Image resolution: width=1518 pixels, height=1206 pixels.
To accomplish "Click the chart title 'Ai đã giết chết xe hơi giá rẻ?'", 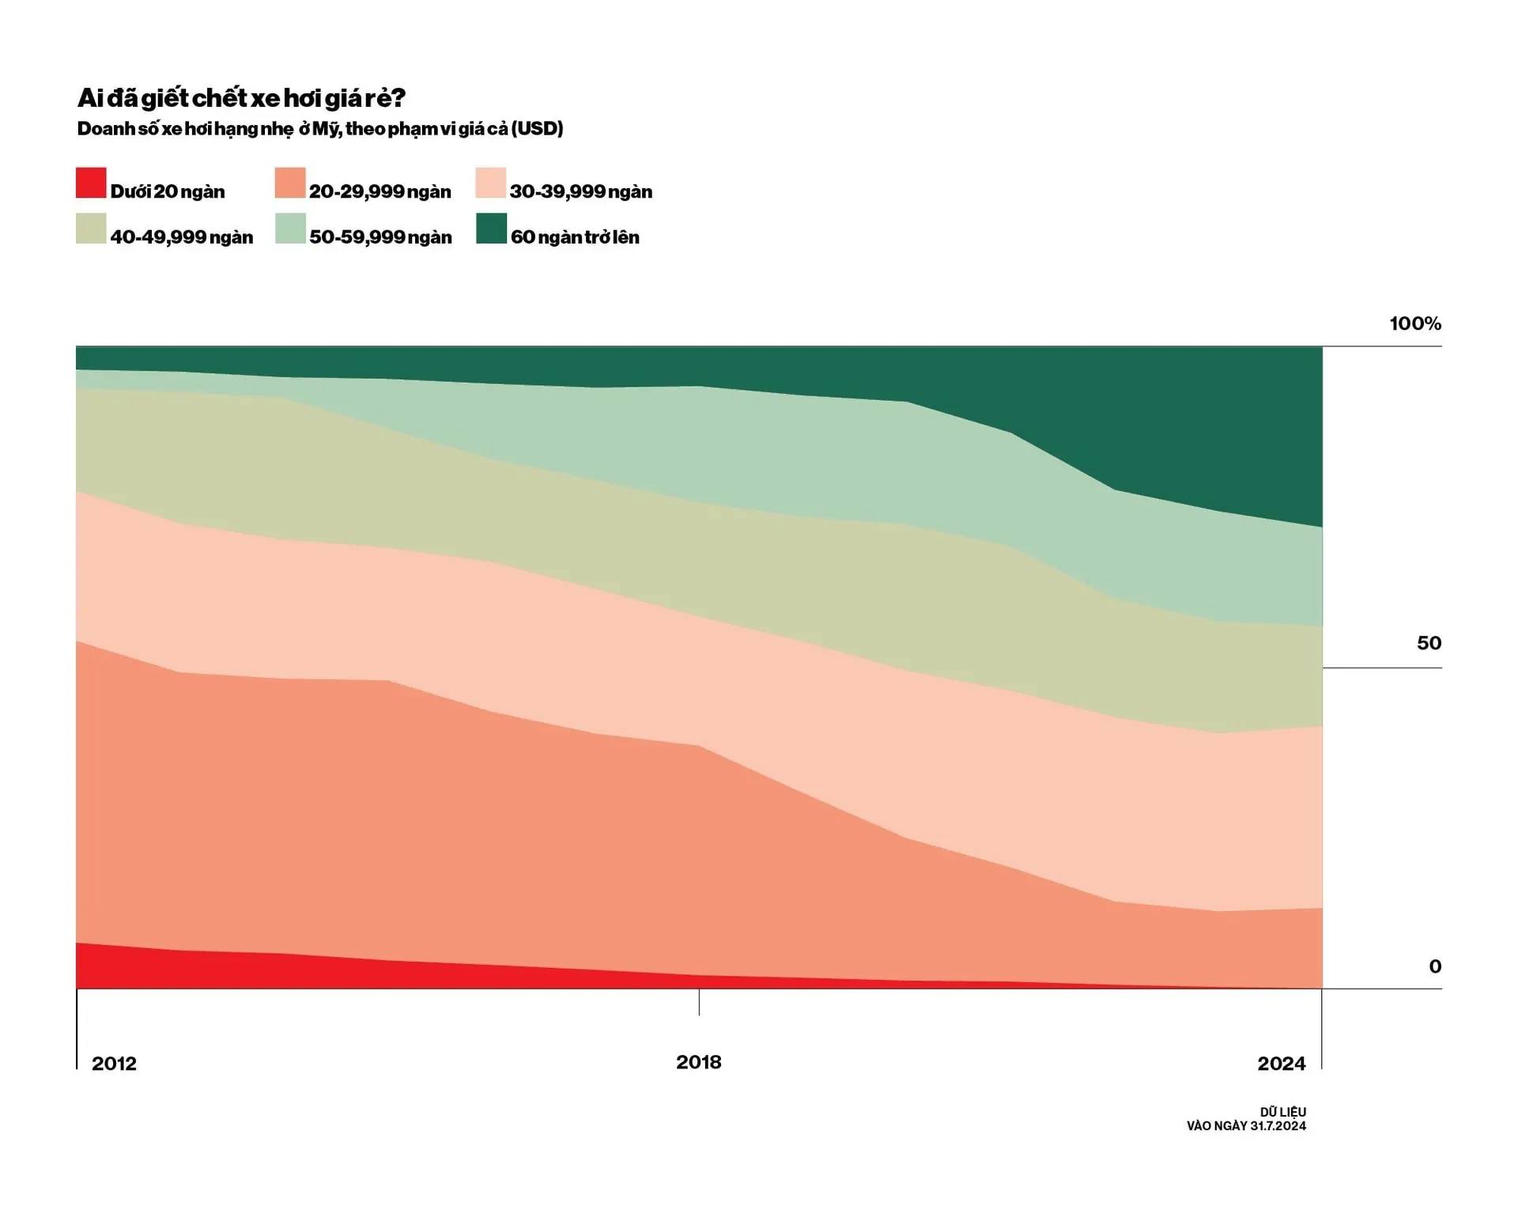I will [241, 98].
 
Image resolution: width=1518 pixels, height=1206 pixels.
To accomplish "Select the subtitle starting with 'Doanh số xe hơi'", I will [320, 129].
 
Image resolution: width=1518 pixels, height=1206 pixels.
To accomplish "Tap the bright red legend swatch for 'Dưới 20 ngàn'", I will [91, 183].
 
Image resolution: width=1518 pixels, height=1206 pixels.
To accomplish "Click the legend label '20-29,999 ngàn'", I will [379, 191].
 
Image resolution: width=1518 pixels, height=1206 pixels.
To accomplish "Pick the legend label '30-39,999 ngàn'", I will [580, 191].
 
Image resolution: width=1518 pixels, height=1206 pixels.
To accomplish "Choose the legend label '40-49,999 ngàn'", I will [181, 237].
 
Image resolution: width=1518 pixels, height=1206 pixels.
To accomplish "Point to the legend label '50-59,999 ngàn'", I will [380, 237].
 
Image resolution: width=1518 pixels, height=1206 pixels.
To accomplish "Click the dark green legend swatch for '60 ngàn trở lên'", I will [491, 229].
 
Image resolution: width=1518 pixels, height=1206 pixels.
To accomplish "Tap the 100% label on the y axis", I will [1414, 323].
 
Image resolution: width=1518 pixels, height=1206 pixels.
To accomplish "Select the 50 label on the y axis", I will [1429, 643].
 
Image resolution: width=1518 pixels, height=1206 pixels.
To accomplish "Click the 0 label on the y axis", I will [1434, 966].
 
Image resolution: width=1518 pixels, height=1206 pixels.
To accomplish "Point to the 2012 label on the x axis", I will [114, 1064].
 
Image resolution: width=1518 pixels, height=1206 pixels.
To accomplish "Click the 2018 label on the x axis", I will [698, 1062].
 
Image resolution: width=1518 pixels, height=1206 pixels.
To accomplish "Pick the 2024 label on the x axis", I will [1281, 1064].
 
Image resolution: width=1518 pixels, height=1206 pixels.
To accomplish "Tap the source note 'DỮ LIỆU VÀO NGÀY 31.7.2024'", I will [1246, 1119].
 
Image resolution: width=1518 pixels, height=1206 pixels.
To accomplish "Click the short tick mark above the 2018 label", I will [699, 1002].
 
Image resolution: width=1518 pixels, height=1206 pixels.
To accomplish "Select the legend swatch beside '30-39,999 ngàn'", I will [491, 183].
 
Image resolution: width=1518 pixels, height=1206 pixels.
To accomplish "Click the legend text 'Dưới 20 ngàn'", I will [168, 191].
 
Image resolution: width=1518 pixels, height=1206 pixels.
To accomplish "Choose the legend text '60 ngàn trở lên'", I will [575, 237].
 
